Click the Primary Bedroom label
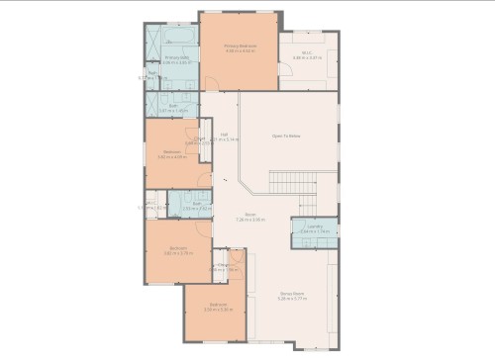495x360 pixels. click(239, 45)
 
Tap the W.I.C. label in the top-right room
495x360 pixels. click(307, 52)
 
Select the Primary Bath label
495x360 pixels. click(176, 57)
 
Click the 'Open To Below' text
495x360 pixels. click(286, 136)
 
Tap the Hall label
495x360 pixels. click(225, 134)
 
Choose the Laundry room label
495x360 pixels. click(316, 226)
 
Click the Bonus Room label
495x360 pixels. click(291, 293)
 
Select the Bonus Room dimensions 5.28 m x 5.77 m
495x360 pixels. click(291, 298)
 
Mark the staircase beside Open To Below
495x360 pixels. click(291, 182)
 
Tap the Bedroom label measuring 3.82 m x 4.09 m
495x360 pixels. click(172, 152)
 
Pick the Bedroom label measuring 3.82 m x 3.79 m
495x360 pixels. click(177, 247)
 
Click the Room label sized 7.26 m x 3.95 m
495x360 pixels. click(250, 214)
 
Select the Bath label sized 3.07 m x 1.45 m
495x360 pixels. click(173, 105)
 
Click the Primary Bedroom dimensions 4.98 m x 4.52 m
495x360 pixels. click(239, 50)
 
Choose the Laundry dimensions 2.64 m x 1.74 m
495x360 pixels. click(316, 231)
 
